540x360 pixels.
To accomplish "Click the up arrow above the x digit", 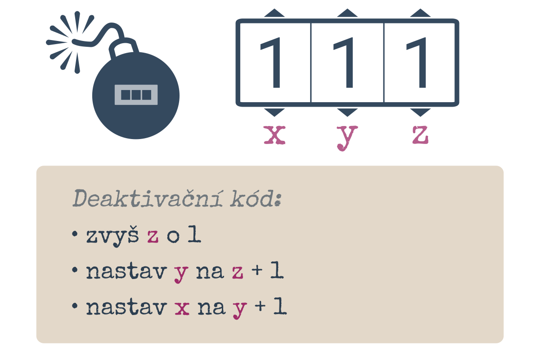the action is point(274,13).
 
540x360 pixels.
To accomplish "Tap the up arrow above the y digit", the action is point(347,13).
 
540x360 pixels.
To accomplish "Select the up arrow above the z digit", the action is point(420,13).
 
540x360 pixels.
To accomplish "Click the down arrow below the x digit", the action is point(274,112).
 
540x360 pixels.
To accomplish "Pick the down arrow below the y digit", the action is point(347,112).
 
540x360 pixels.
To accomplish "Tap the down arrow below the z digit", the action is point(420,112).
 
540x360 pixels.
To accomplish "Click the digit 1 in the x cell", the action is point(271,63).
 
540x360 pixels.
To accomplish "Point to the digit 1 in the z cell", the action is point(417,63).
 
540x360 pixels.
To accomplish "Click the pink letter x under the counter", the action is point(274,135).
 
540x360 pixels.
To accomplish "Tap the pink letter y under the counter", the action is point(347,138).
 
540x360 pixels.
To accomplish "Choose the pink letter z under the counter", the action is point(420,135).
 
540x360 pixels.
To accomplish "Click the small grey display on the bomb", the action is point(136,95).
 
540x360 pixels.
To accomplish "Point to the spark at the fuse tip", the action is point(69,42).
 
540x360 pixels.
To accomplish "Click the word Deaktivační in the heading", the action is point(148,198).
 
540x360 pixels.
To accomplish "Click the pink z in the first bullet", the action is point(153,236).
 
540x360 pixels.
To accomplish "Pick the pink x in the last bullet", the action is point(182,308).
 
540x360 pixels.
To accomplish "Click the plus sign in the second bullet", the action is point(257,270).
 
